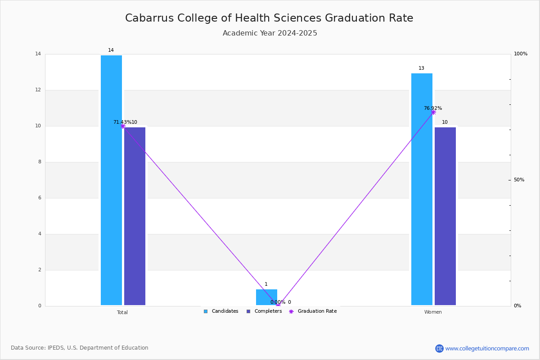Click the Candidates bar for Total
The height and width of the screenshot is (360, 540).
pos(111,180)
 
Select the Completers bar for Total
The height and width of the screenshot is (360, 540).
pos(135,216)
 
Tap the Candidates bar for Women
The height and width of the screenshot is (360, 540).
pos(422,189)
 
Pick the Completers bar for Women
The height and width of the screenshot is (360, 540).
pos(445,216)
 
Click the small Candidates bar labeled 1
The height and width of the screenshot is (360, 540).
pos(266,297)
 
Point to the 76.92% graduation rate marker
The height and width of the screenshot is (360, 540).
pos(433,112)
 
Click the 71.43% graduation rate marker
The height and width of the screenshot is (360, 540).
pos(123,126)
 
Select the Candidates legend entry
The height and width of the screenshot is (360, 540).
pos(221,311)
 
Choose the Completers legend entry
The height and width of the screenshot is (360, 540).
pos(264,311)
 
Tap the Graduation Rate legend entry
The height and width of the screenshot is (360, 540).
pos(313,311)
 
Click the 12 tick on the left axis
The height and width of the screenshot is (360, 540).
pos(38,90)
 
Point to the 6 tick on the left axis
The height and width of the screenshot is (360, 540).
pos(40,198)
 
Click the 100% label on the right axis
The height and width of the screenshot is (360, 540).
pos(521,54)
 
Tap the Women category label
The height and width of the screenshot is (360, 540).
pos(433,312)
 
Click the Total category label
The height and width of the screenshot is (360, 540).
pos(122,312)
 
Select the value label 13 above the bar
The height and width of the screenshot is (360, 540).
pos(421,68)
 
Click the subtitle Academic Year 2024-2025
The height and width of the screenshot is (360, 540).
pos(270,33)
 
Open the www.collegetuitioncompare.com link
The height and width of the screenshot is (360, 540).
pos(487,348)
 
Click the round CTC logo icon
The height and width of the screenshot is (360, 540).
pos(439,348)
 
